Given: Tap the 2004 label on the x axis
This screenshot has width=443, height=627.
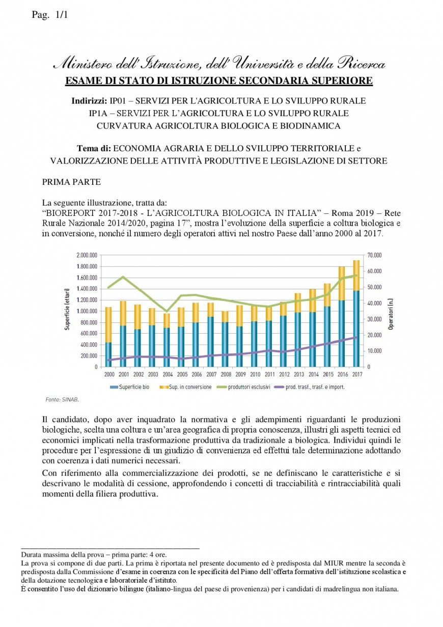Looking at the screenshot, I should (166, 374).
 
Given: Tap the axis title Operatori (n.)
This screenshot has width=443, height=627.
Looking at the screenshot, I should (391, 311).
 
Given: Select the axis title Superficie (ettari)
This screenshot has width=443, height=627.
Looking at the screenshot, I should (67, 311).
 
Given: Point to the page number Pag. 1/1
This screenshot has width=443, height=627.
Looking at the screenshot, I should (49, 15).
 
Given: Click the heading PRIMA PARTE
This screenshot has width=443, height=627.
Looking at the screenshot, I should (71, 182).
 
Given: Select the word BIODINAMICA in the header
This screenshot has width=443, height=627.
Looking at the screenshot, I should (313, 125).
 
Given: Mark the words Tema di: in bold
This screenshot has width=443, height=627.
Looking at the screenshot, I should (94, 148).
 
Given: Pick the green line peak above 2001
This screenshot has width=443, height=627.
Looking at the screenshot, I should (123, 277).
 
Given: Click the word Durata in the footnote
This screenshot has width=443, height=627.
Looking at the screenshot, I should (32, 555).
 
